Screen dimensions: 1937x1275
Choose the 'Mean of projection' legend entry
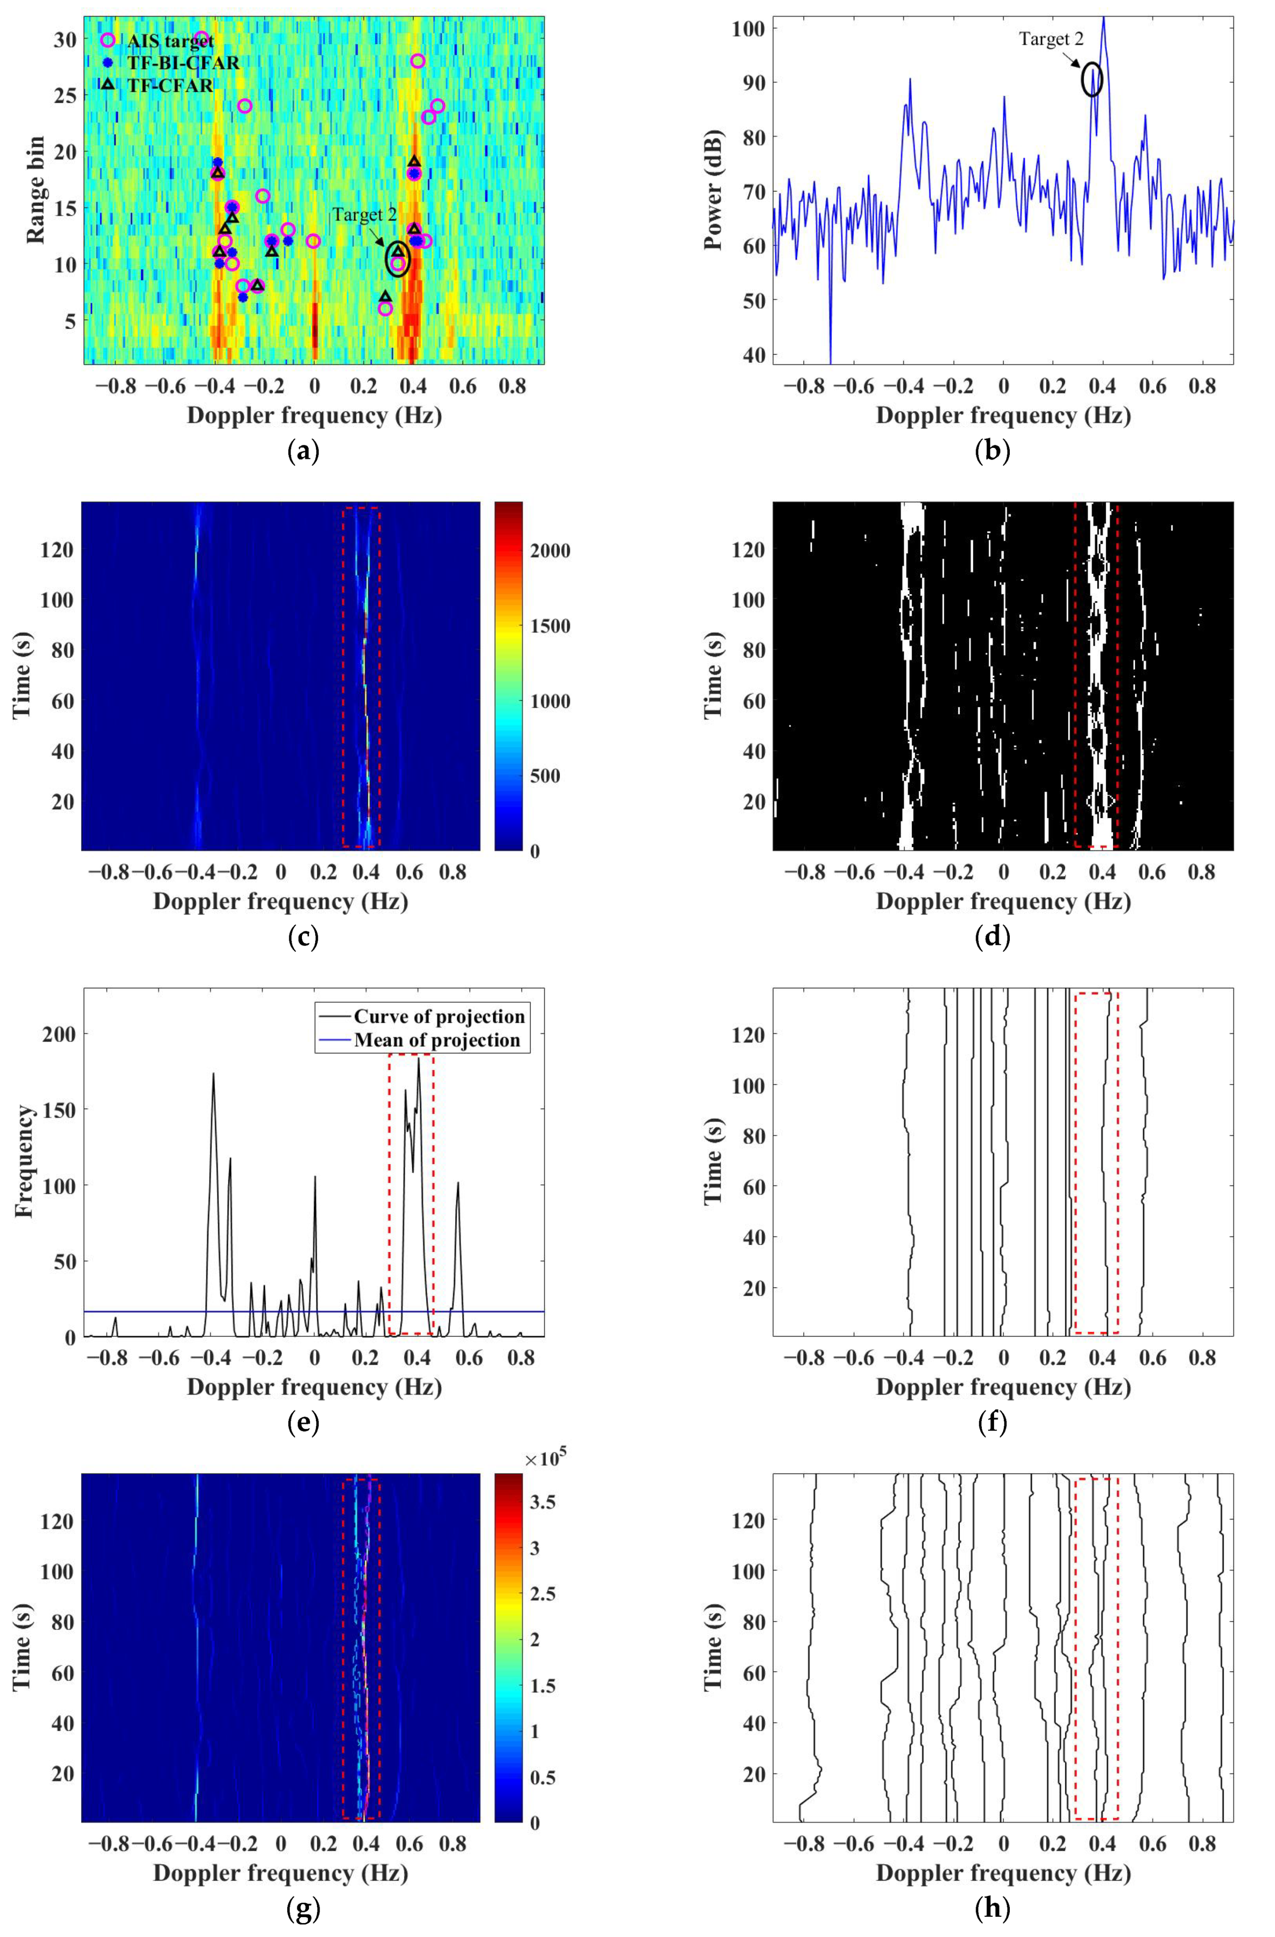(x=436, y=1040)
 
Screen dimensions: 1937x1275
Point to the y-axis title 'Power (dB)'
(x=714, y=191)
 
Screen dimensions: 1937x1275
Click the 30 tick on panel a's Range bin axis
(x=67, y=39)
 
